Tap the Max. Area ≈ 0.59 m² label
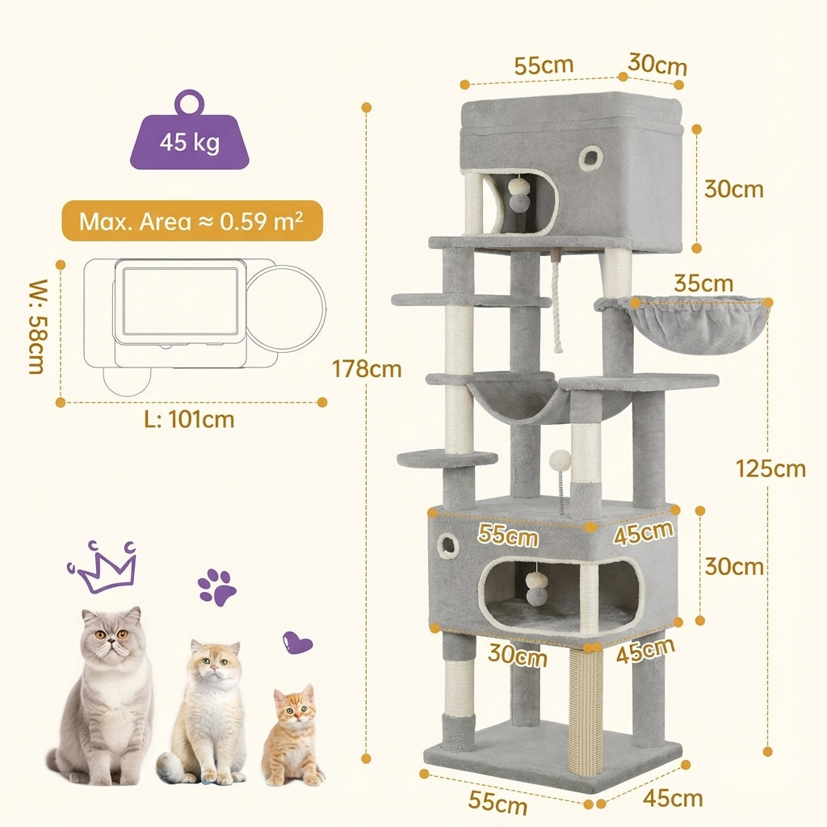point(191,221)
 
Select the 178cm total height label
point(367,369)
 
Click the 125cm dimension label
point(770,468)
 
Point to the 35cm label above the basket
point(705,283)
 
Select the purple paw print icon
point(217,586)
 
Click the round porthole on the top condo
point(590,158)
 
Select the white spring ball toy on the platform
point(560,461)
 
